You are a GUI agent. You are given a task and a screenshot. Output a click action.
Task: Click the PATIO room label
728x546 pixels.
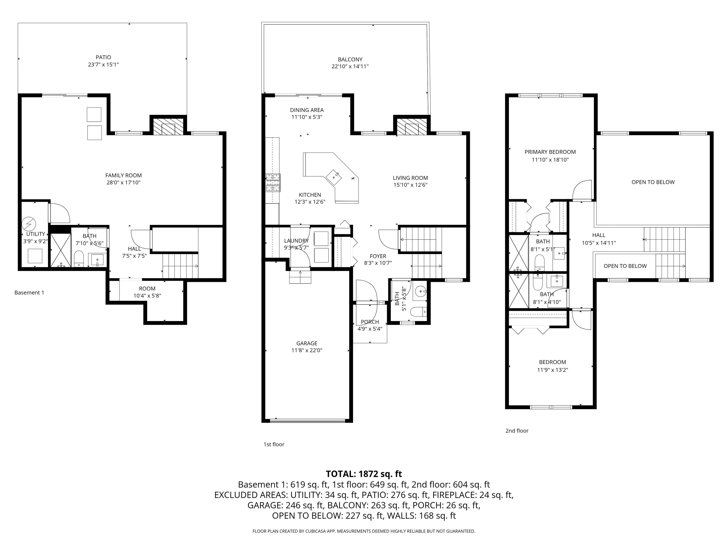[103, 57]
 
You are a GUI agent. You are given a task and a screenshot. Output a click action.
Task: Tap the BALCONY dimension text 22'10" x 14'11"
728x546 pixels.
[350, 66]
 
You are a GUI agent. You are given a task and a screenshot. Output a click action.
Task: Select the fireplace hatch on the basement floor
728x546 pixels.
[168, 127]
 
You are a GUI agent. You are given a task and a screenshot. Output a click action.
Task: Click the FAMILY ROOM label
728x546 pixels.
[124, 175]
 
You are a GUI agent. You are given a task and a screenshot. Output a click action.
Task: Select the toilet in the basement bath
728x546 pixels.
[79, 258]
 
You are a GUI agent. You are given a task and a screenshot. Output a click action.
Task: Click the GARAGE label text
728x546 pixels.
[306, 343]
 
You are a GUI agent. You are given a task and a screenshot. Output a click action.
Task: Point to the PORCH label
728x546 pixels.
[370, 322]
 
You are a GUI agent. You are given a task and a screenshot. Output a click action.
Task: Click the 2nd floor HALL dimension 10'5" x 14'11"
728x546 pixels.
[598, 243]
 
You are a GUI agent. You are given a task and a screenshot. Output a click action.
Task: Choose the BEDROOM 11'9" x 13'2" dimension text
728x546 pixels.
[552, 370]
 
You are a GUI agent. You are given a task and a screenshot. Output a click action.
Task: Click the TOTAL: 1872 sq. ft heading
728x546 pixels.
[364, 474]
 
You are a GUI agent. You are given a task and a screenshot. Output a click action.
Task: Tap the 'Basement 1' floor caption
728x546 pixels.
[29, 293]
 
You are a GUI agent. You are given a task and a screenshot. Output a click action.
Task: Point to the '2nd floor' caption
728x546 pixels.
[517, 431]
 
